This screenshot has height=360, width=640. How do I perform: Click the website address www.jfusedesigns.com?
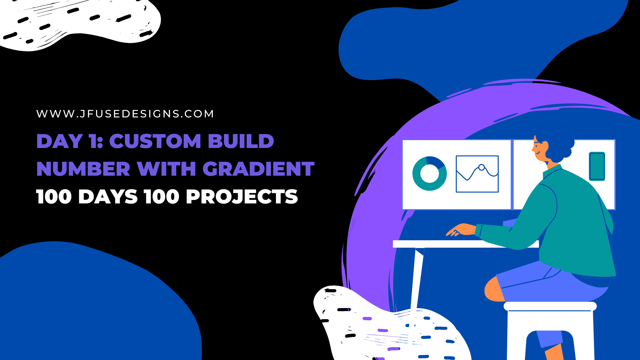click(125, 114)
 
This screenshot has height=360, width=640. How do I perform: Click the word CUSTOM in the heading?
click(155, 141)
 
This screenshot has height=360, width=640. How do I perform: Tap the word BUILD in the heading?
click(241, 141)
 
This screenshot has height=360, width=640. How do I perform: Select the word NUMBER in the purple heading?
click(83, 169)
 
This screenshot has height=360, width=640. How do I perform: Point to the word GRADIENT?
click(259, 169)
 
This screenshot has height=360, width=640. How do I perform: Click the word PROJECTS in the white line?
click(242, 197)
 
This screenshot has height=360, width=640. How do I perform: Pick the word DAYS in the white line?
click(108, 197)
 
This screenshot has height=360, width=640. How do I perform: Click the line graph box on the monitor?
click(477, 174)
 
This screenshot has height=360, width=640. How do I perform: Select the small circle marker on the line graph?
click(481, 167)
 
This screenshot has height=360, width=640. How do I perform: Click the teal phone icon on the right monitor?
click(597, 166)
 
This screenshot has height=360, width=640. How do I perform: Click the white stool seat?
click(550, 306)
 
